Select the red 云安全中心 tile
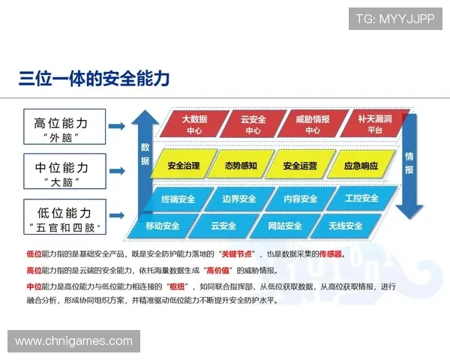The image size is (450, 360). [252, 124]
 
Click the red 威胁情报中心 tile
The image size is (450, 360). [312, 124]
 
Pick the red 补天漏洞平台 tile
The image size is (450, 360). [370, 124]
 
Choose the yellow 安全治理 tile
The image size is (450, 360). [184, 165]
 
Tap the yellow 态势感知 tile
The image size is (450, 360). [241, 165]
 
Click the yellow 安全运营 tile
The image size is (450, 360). [300, 165]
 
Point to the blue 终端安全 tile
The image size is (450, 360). [178, 199]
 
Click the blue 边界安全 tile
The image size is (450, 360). [239, 199]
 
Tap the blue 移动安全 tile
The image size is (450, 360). [163, 226]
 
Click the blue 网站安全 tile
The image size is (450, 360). [285, 226]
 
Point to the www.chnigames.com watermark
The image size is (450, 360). [73, 341]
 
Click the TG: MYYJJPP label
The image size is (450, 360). [394, 18]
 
